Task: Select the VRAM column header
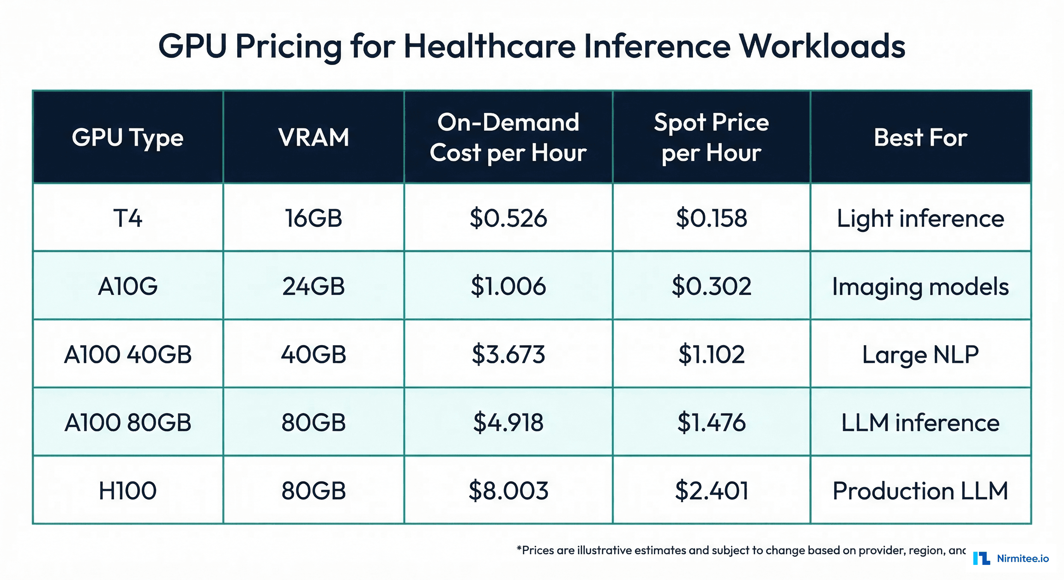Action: point(314,137)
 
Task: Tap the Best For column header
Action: point(920,137)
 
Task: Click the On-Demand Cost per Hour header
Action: point(508,137)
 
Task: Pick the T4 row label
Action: point(128,218)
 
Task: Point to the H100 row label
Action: point(128,491)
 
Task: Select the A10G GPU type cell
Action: point(128,286)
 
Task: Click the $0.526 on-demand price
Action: point(508,218)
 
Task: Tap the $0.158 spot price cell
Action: point(711,218)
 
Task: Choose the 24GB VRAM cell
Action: point(314,286)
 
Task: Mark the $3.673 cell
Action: point(508,354)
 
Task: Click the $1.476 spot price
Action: point(711,422)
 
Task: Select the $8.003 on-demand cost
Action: point(508,491)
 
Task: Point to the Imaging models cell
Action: point(920,286)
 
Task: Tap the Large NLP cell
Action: point(920,354)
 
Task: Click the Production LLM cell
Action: point(920,491)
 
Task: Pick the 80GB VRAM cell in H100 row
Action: point(314,491)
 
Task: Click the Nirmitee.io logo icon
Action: point(981,558)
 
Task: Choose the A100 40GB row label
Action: point(128,354)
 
